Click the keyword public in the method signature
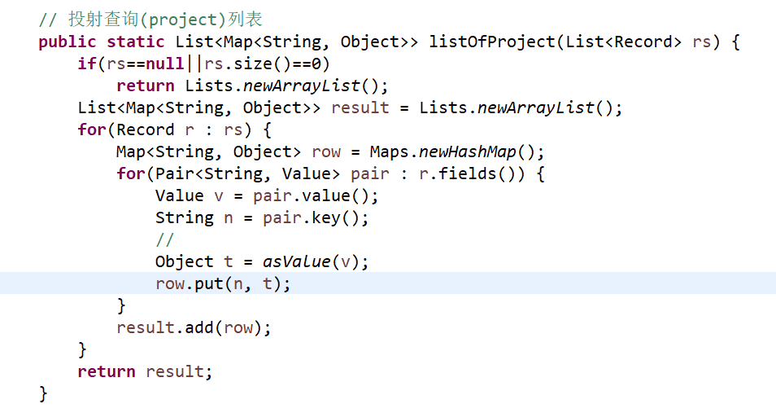pos(68,42)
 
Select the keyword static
pos(136,42)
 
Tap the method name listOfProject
pos(492,42)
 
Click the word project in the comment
pos(183,20)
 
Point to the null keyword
pos(165,64)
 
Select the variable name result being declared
pos(360,108)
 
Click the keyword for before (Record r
pos(92,129)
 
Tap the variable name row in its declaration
pos(326,151)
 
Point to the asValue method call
pos(297,261)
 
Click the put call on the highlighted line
pos(208,283)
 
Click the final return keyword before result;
pos(107,371)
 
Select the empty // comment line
pos(165,239)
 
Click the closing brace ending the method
pos(43,393)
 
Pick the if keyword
pos(86,64)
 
